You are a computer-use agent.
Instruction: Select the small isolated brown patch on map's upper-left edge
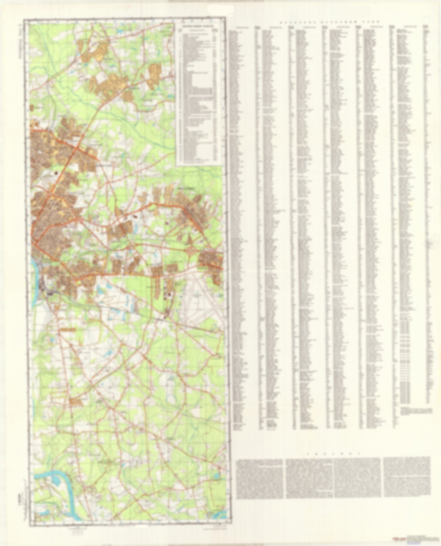[x=33, y=107]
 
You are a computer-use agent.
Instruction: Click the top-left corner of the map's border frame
[x=24, y=20]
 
